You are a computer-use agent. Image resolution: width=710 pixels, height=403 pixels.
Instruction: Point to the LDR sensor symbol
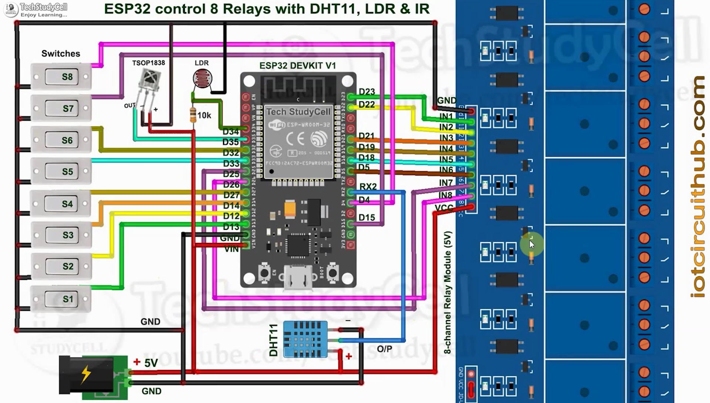pos(202,78)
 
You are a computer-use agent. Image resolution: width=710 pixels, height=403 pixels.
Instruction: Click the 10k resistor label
pos(204,116)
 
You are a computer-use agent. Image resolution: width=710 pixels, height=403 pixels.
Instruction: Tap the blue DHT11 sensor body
pos(305,339)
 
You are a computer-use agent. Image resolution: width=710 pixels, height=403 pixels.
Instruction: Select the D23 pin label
pos(366,92)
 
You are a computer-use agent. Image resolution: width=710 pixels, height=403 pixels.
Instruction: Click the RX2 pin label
pos(368,187)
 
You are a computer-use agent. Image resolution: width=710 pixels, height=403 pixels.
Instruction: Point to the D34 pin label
pos(230,132)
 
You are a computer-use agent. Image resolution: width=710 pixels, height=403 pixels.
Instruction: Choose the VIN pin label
pos(231,249)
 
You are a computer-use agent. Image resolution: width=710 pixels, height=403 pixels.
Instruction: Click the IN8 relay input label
pos(445,195)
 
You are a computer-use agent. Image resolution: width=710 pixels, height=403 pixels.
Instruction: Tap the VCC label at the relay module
pos(444,208)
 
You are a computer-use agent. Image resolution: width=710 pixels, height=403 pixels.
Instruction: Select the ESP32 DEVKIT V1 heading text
pos(297,66)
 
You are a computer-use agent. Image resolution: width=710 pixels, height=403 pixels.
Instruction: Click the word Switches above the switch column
pos(61,54)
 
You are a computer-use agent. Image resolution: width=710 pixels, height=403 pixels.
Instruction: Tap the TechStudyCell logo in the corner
pos(11,10)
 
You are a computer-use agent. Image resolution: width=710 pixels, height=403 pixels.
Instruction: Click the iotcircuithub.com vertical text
pos(697,187)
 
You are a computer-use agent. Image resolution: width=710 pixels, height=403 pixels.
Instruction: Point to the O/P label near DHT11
pos(384,349)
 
